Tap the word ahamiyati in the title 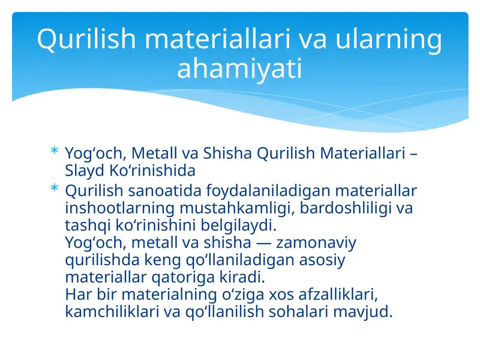[239, 68]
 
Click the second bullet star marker [55, 188]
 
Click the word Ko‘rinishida [152, 170]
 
